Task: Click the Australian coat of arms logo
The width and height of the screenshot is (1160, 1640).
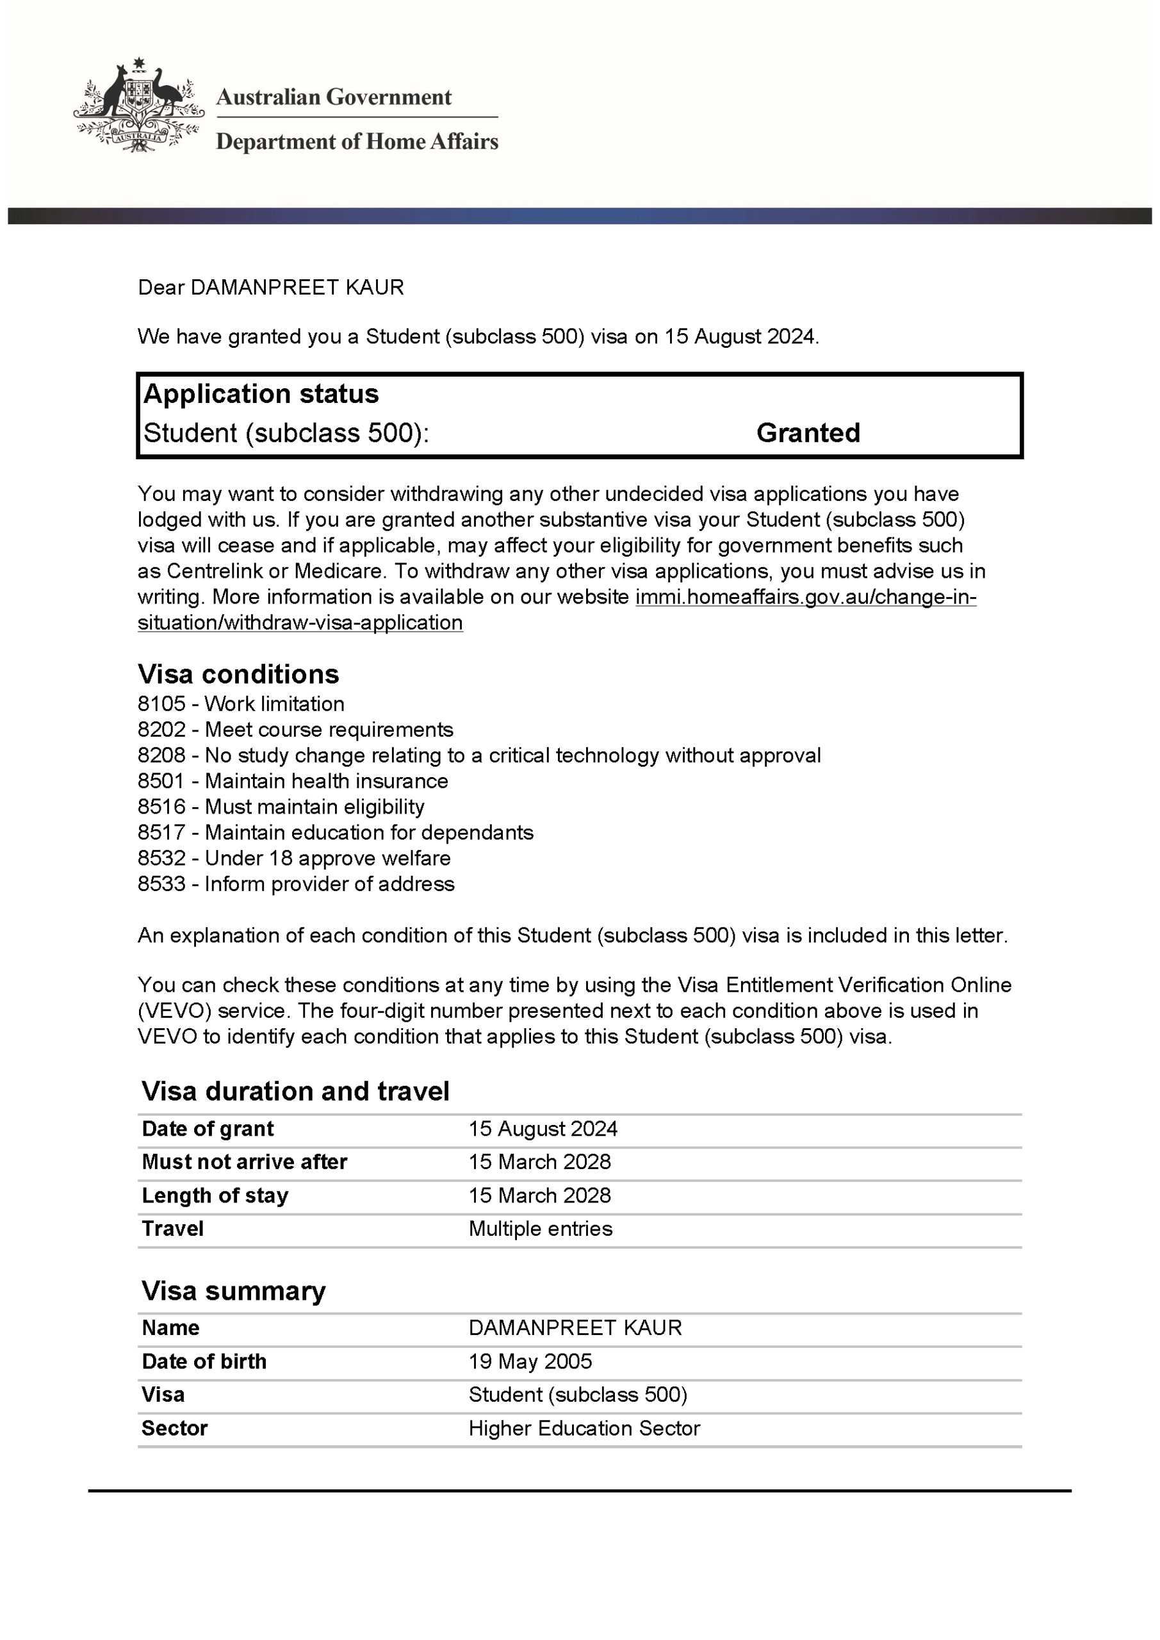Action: [138, 105]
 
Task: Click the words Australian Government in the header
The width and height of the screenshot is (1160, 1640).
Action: [334, 97]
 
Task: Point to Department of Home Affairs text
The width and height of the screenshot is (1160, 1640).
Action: [357, 142]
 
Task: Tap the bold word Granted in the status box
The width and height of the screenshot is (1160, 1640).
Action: [808, 433]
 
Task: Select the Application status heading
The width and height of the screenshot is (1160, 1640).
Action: [261, 393]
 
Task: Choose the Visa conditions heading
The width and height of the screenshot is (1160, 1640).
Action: [238, 673]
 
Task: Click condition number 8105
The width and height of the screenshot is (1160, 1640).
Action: [161, 703]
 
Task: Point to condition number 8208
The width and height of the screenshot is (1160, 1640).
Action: [161, 755]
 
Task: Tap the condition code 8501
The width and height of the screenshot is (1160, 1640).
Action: [161, 781]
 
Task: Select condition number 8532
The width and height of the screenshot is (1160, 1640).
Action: [161, 858]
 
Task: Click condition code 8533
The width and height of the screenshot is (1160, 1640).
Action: [161, 883]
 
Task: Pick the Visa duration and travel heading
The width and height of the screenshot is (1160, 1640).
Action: [295, 1091]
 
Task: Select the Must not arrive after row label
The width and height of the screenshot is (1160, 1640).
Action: [244, 1161]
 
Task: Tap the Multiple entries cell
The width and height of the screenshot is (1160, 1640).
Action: [540, 1229]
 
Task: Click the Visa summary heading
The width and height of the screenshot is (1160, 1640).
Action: [233, 1291]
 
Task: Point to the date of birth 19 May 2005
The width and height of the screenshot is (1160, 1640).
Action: [530, 1361]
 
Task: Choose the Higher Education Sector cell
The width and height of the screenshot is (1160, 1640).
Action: [584, 1428]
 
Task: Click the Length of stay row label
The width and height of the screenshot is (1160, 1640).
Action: [215, 1195]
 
